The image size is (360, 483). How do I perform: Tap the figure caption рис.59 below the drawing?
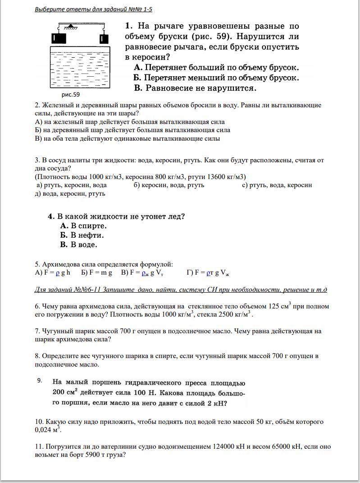[70, 95]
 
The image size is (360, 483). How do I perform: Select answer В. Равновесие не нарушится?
[195, 88]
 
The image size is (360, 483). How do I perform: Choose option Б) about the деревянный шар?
[132, 130]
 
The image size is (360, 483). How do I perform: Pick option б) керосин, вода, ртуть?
[169, 185]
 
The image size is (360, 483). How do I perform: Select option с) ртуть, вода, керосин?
[277, 185]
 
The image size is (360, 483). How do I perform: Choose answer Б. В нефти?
[82, 235]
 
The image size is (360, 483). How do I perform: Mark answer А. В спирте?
[83, 225]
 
